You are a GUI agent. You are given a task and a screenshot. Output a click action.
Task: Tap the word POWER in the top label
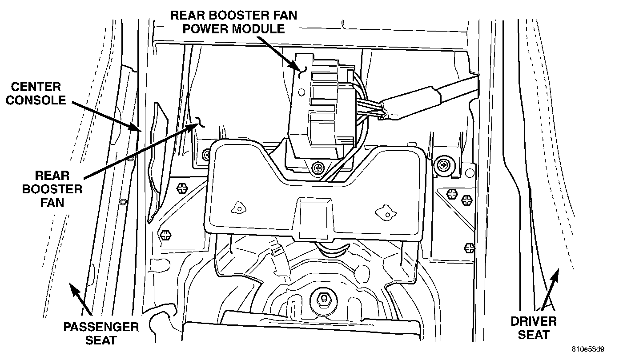(209, 29)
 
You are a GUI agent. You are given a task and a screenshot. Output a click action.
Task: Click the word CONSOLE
(37, 100)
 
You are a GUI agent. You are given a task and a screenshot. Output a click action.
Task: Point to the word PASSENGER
(101, 327)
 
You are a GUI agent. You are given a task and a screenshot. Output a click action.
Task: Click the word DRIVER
(533, 321)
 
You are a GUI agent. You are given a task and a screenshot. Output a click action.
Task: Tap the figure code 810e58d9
(594, 349)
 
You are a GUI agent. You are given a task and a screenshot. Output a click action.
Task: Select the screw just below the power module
(317, 168)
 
